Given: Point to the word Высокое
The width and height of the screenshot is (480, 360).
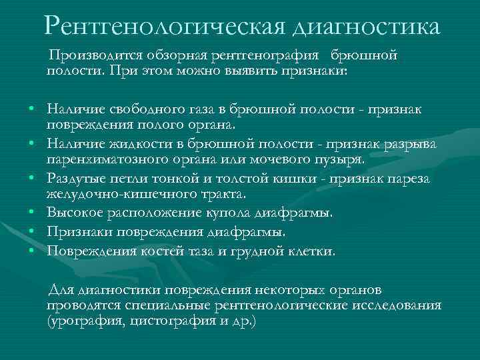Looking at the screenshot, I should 75,213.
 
